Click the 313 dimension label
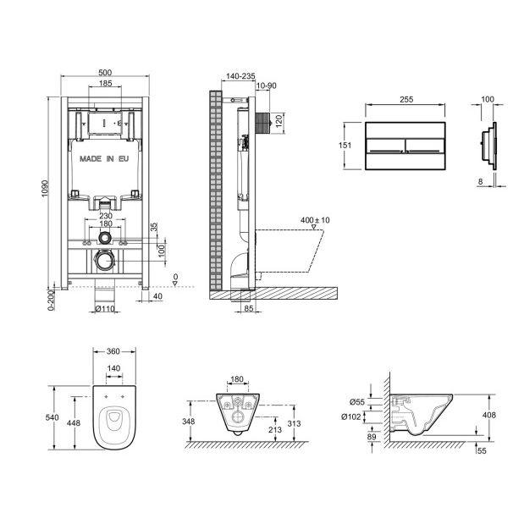295,423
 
